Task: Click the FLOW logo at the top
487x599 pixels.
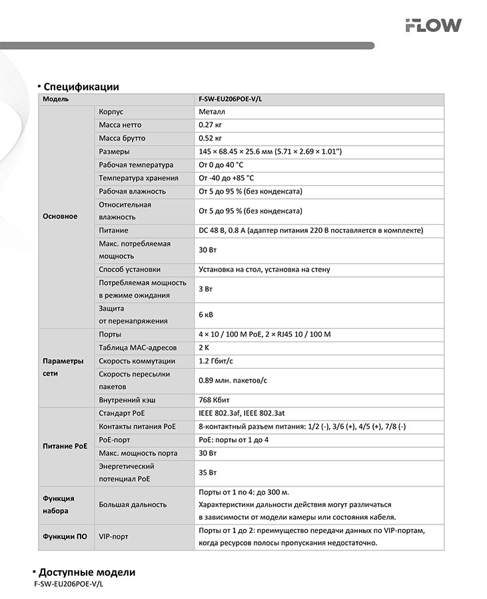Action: [433, 25]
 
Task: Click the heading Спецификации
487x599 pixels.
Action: [81, 87]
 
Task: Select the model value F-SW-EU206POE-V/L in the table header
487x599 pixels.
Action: [231, 99]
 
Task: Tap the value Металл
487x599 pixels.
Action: [212, 112]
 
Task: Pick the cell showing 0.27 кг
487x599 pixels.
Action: [210, 125]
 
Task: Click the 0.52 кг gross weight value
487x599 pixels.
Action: [210, 138]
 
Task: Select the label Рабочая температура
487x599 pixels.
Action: [136, 165]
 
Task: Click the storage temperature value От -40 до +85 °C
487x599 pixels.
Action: [227, 178]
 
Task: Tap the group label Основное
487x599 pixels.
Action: [60, 216]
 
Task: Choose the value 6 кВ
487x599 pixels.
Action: [206, 315]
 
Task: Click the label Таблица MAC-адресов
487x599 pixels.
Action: [138, 348]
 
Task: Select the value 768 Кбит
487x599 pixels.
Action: [214, 400]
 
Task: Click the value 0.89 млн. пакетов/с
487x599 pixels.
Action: [233, 381]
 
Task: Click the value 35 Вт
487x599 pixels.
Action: [208, 473]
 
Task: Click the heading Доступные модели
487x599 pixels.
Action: [87, 572]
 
